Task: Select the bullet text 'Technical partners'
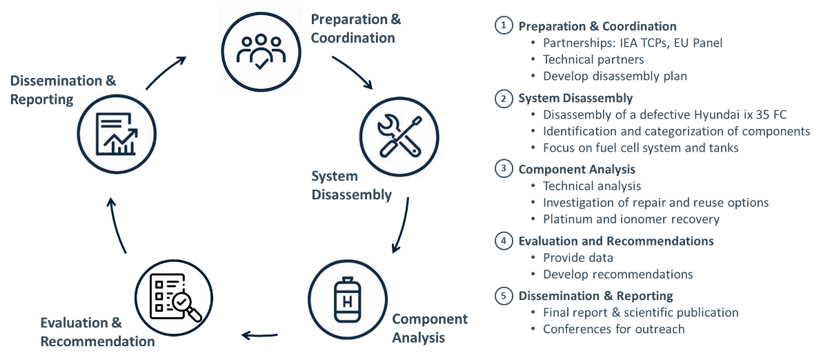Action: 584,60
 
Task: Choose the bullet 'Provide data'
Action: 578,258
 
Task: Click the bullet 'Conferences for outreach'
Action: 613,329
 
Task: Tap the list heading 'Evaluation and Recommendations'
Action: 616,241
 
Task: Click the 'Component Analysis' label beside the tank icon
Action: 429,328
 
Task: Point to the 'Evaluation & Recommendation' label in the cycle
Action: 97,332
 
